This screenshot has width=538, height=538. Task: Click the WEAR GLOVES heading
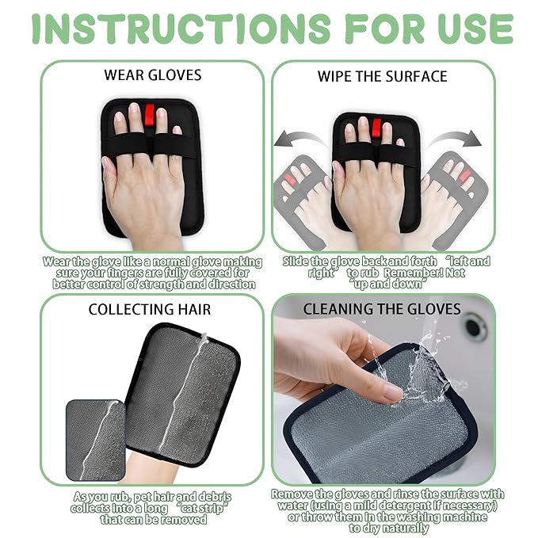point(153,76)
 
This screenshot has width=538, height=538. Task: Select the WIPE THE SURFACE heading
point(383,77)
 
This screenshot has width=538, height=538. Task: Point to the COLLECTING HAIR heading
point(151,310)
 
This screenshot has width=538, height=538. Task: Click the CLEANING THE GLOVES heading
point(382,309)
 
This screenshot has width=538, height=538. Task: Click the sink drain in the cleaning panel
point(475,326)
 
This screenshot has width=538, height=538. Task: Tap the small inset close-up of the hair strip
point(94,439)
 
